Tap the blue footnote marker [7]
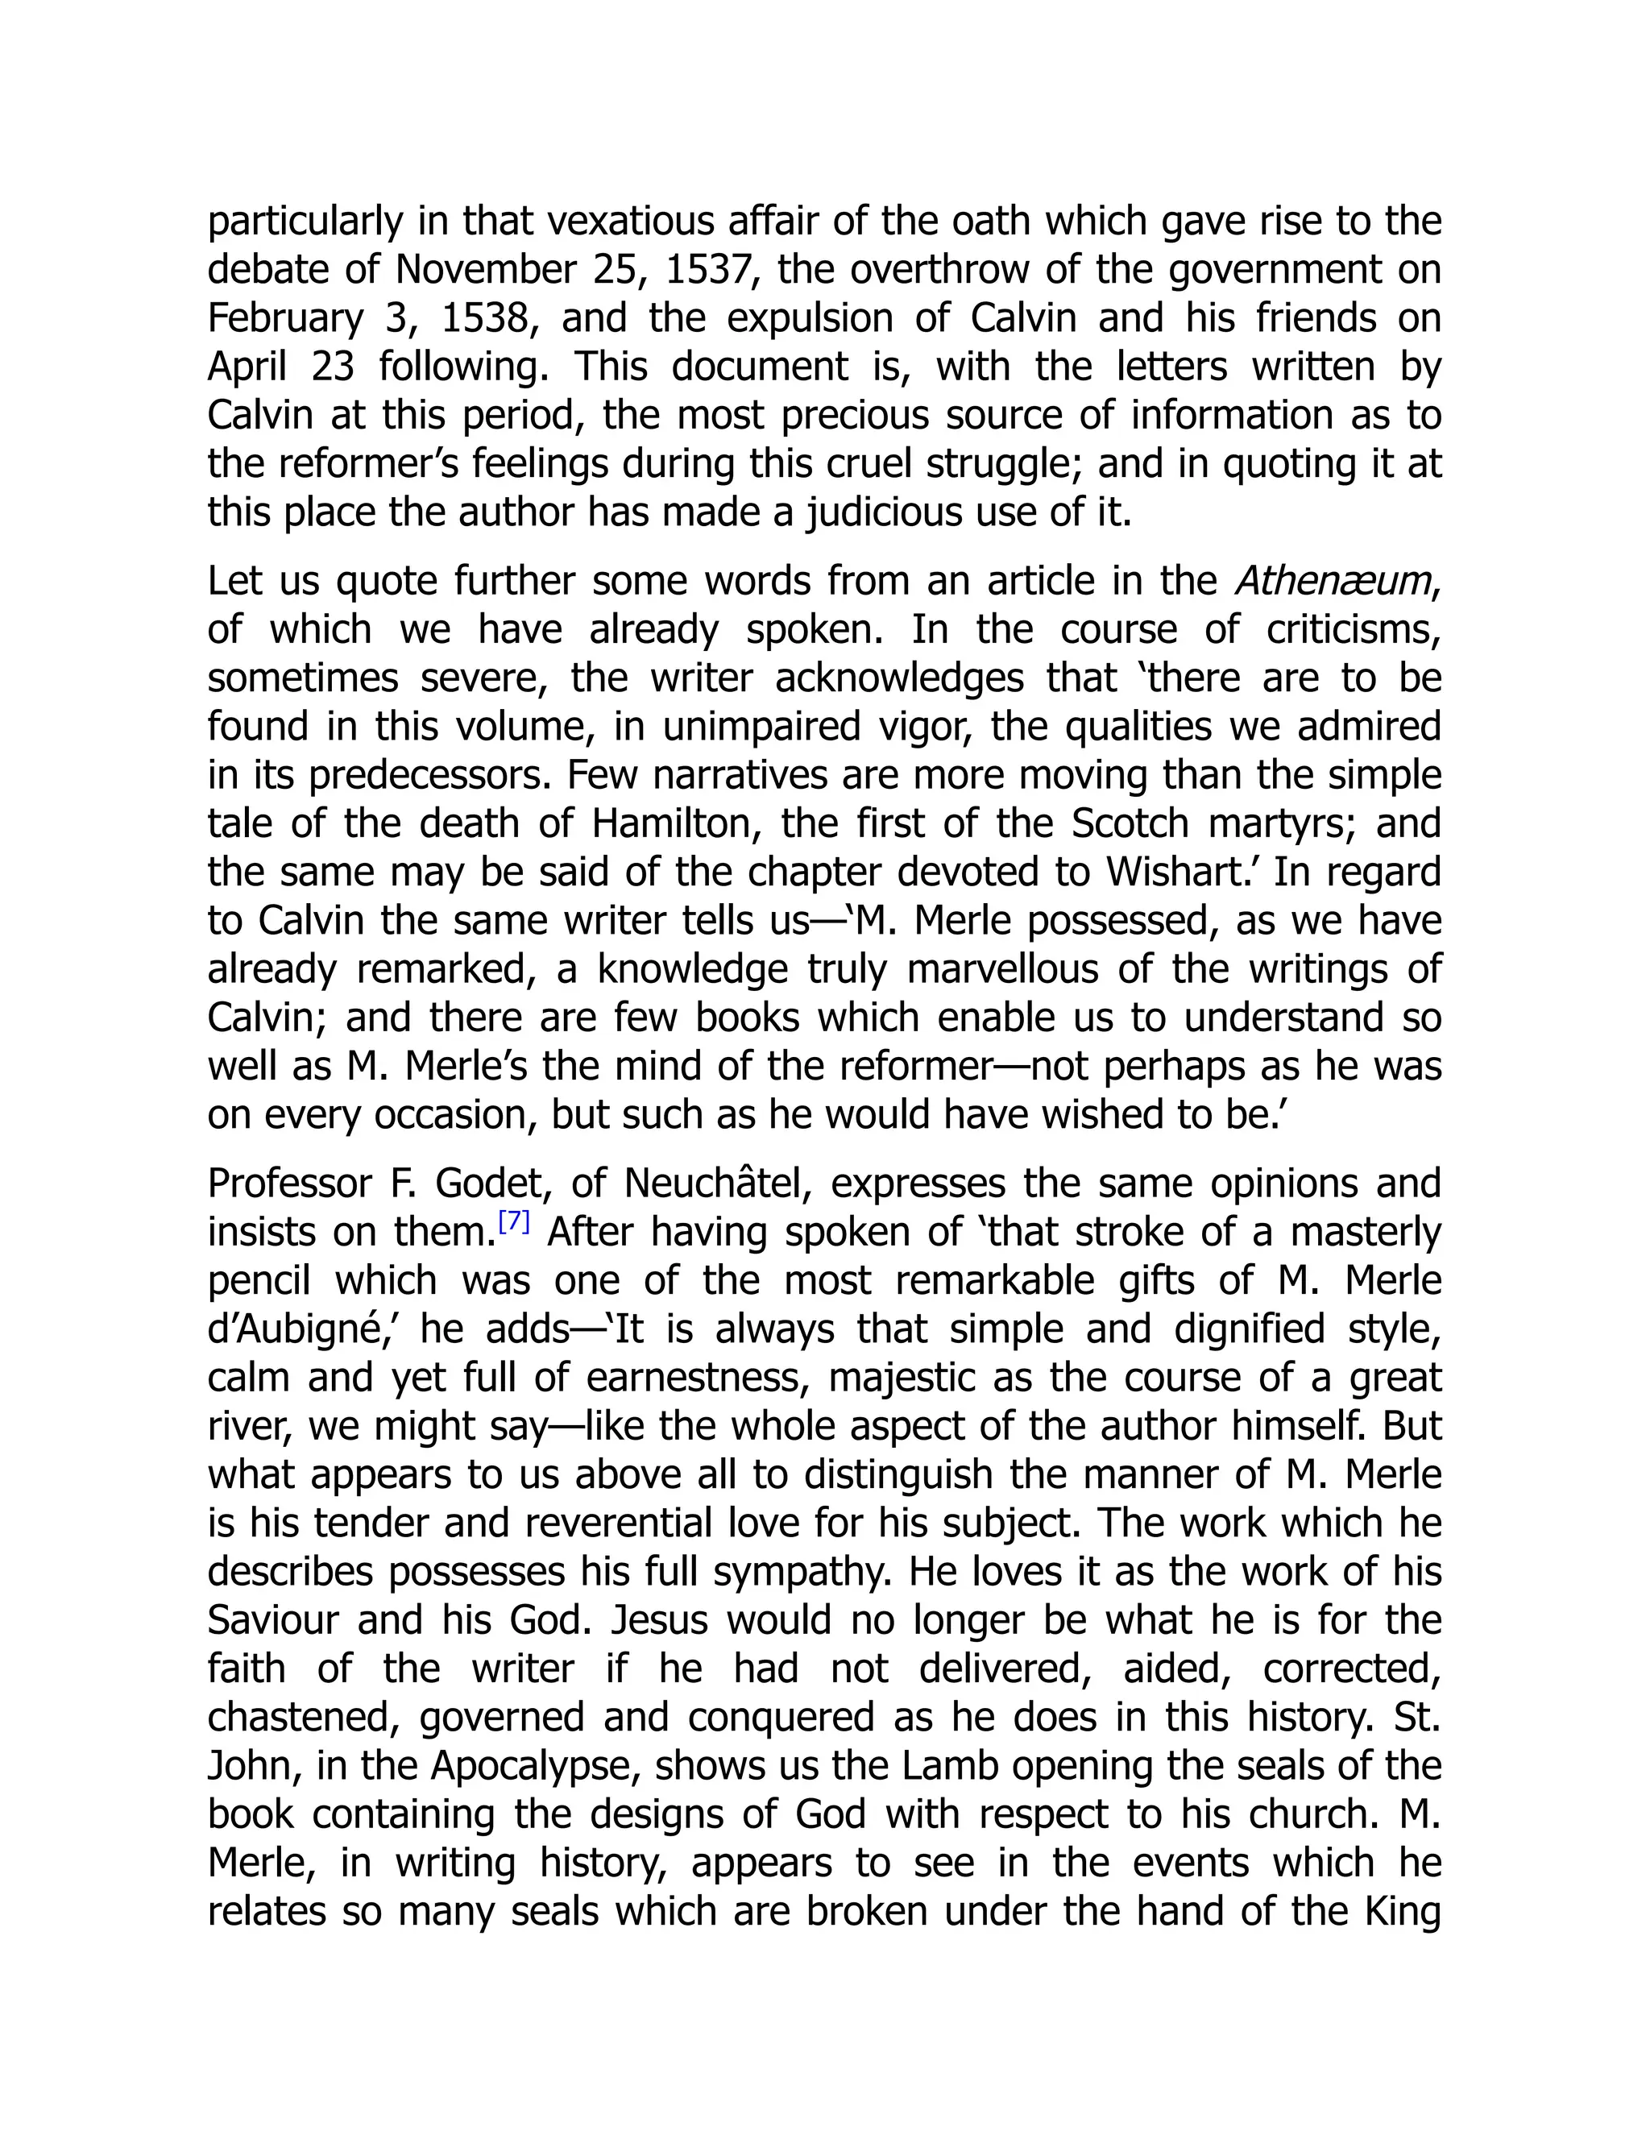[514, 1222]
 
